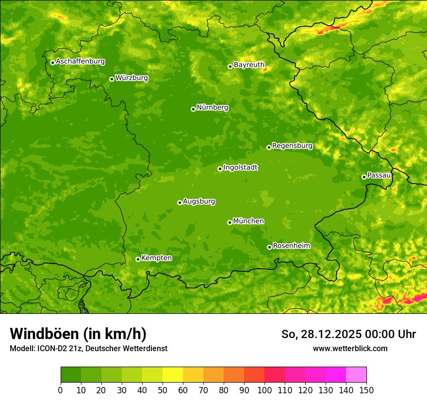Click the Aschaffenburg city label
[x=80, y=62]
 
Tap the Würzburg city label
[x=131, y=78]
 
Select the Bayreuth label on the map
[x=249, y=65]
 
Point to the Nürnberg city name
[x=213, y=108]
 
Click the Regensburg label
[x=292, y=146]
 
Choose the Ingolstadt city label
[x=240, y=168]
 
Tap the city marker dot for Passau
[x=364, y=177]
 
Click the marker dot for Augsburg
[x=180, y=202]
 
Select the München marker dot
[x=230, y=222]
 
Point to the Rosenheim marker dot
[x=269, y=247]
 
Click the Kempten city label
[x=156, y=258]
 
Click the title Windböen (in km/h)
[x=78, y=334]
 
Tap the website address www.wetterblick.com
[x=350, y=348]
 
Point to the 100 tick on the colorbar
[x=264, y=390]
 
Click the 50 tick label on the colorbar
[x=163, y=390]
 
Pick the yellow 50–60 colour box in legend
[x=173, y=375]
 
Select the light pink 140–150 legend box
[x=356, y=375]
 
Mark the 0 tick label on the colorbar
[x=61, y=390]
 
